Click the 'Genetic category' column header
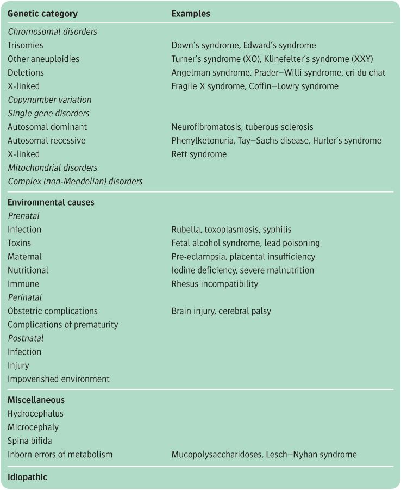point(42,14)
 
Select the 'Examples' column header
point(191,14)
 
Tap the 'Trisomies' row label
point(25,46)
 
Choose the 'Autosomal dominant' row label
point(47,127)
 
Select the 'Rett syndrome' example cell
point(199,154)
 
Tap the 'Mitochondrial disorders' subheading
point(53,168)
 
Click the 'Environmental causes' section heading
point(51,202)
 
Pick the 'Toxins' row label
point(20,243)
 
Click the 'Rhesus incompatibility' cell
point(215,284)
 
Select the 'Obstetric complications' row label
point(53,311)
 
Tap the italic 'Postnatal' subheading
point(26,338)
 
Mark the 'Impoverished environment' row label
point(58,379)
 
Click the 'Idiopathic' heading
point(27,477)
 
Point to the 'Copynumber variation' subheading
point(49,100)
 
